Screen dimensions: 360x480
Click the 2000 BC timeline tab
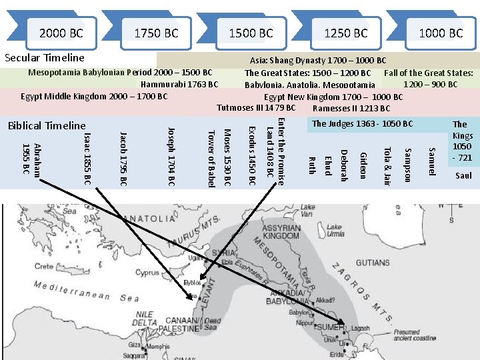click(x=61, y=33)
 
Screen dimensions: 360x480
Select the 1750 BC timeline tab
click(x=156, y=33)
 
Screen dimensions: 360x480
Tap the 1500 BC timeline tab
click(x=251, y=33)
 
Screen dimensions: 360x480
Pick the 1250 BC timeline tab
click(x=345, y=33)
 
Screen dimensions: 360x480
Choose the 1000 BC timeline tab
click(x=440, y=33)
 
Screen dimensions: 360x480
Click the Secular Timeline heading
click(x=45, y=58)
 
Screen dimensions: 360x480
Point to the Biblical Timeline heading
click(x=47, y=125)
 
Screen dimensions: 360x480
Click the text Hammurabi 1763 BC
click(x=179, y=84)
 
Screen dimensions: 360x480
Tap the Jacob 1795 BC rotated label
click(x=123, y=159)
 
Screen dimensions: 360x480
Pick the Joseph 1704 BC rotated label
click(x=171, y=155)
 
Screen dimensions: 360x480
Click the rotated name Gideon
click(x=363, y=165)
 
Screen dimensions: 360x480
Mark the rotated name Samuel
click(x=432, y=161)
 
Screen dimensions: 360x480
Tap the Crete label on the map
click(x=45, y=267)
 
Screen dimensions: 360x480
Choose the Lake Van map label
click(x=307, y=210)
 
